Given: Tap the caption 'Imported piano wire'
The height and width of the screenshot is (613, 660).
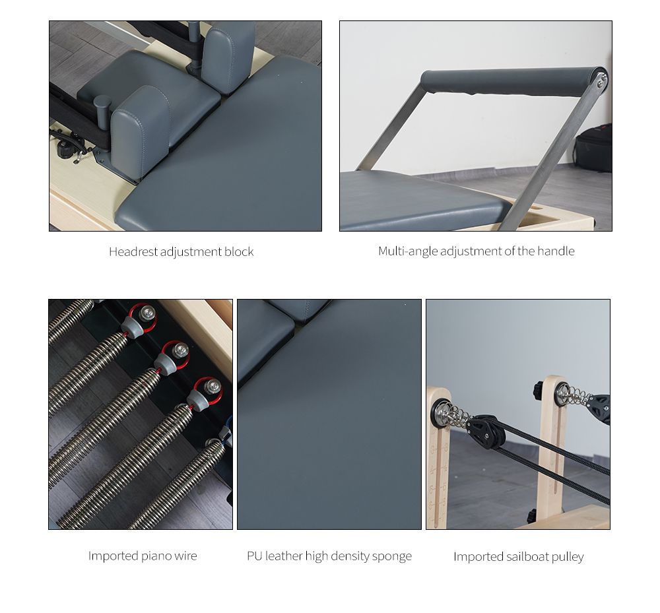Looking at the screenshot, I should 143,556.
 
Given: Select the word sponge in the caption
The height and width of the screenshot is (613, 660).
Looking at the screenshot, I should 392,556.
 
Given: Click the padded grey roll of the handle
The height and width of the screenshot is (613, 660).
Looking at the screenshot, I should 508,81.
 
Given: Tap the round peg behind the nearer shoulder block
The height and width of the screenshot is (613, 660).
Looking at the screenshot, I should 102,104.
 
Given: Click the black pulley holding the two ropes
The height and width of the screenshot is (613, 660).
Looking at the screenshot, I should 487,431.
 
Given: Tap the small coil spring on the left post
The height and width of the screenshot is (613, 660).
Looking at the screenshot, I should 455,416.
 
